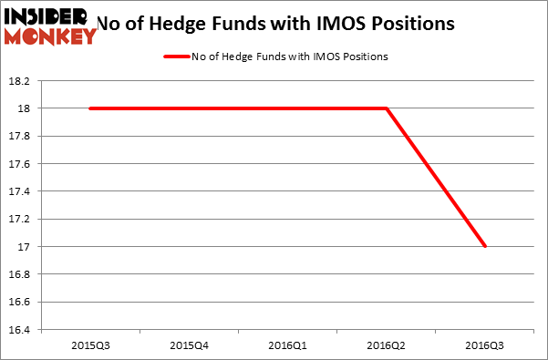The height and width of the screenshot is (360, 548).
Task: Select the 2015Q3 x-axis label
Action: (x=91, y=345)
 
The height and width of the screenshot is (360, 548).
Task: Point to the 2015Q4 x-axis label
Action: (x=190, y=345)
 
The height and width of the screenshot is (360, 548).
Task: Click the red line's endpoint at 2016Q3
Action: (x=485, y=246)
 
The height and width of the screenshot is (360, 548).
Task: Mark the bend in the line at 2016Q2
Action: (x=387, y=108)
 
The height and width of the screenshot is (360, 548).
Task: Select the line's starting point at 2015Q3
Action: (x=91, y=108)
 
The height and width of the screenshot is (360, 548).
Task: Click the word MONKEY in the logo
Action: (x=51, y=36)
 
